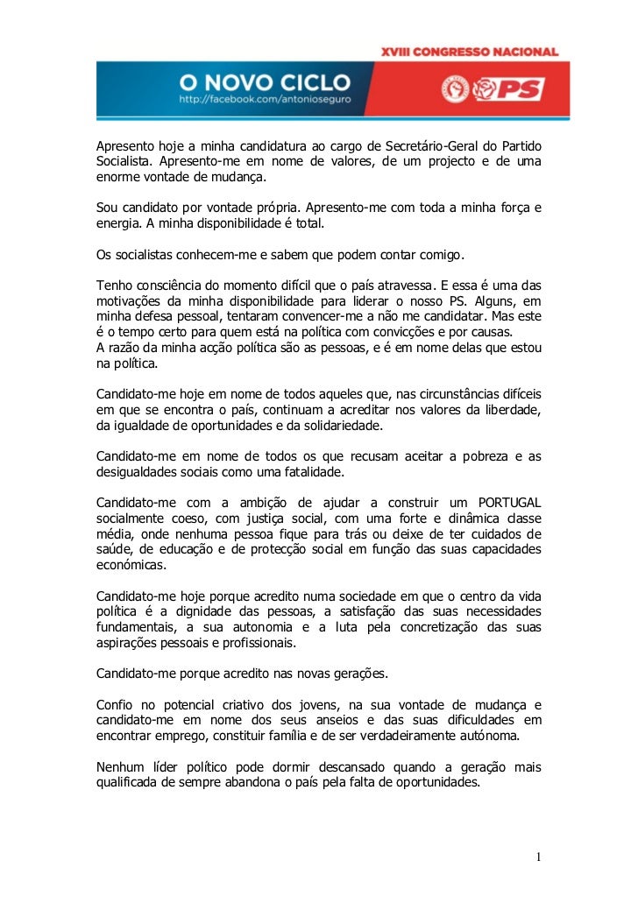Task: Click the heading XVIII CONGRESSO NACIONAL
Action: click(469, 53)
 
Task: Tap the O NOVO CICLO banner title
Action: click(265, 83)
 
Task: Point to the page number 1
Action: click(539, 856)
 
